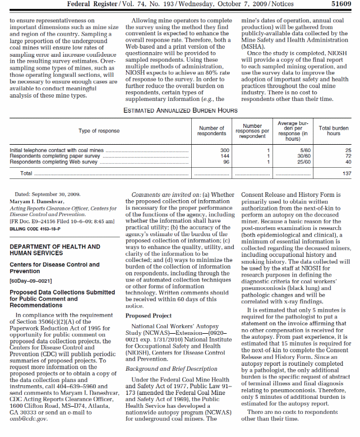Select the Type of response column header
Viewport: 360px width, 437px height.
99,131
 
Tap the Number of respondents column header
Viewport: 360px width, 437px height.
213,131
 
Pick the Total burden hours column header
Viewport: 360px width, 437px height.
333,131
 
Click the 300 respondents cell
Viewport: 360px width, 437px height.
224,150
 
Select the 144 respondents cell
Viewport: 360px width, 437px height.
224,156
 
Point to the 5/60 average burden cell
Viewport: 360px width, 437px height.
305,150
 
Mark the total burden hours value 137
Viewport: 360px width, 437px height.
347,174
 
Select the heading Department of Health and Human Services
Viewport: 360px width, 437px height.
55,250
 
